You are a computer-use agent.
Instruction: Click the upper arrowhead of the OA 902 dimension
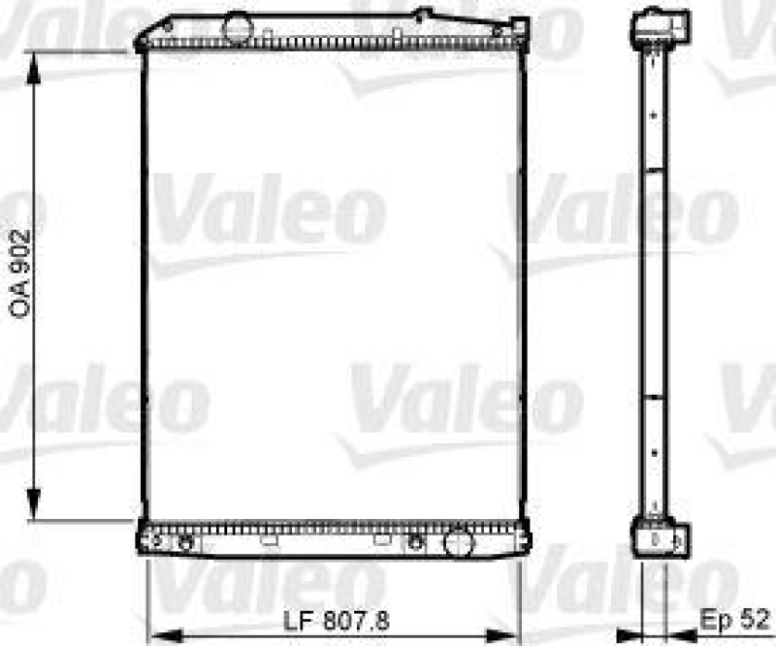pyautogui.click(x=35, y=60)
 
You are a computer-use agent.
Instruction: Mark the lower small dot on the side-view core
pyautogui.click(x=655, y=453)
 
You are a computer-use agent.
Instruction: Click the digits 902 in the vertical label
pyautogui.click(x=21, y=251)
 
